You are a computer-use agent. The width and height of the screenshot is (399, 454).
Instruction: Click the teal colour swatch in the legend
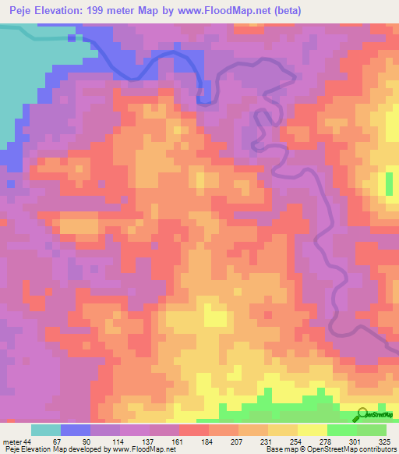[46, 430]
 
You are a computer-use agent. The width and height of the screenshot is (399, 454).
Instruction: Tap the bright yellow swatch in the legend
[312, 430]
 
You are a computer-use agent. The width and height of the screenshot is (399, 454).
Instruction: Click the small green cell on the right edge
[389, 184]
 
